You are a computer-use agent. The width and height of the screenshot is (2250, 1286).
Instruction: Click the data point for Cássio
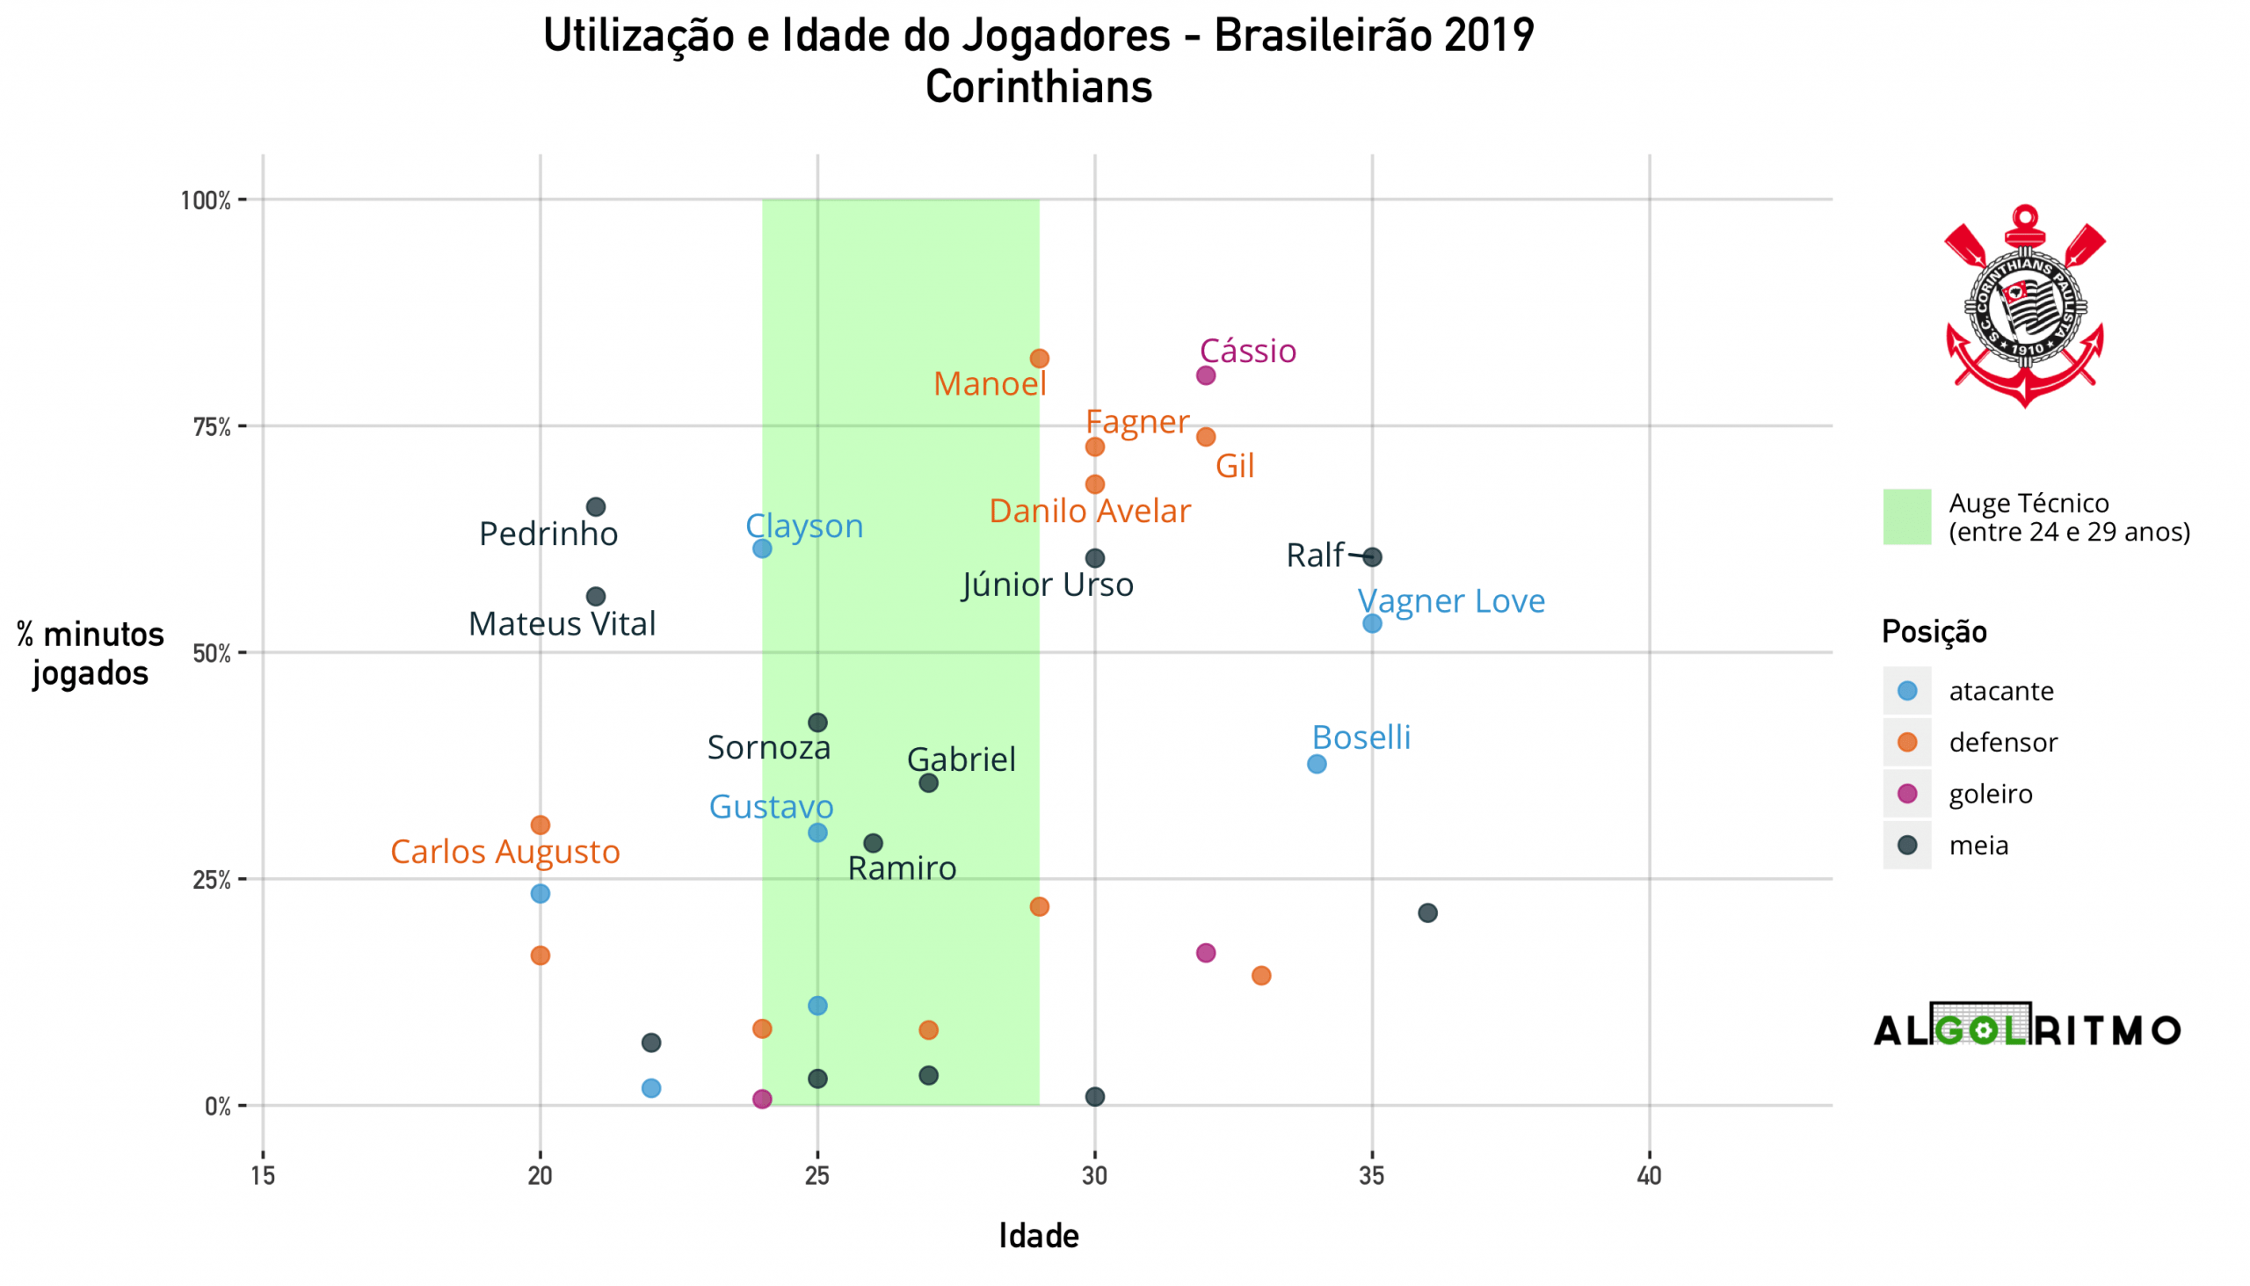pyautogui.click(x=1205, y=375)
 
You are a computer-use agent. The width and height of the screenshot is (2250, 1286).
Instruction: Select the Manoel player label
pyautogui.click(x=989, y=384)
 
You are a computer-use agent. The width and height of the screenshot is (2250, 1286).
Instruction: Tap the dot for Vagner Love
pyautogui.click(x=1371, y=623)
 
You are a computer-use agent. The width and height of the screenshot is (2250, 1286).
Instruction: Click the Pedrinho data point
pyautogui.click(x=596, y=507)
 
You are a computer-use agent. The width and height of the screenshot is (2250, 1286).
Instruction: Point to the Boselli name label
pyautogui.click(x=1361, y=737)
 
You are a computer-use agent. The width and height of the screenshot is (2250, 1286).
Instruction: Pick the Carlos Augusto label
pyautogui.click(x=505, y=852)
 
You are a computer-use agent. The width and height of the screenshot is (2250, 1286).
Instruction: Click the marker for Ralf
pyautogui.click(x=1371, y=557)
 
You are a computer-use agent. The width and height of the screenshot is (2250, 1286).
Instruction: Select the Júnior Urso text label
pyautogui.click(x=1048, y=585)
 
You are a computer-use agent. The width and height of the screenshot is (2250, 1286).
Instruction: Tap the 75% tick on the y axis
pyautogui.click(x=212, y=427)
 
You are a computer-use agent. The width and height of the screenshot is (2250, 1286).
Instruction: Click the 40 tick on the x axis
pyautogui.click(x=1649, y=1175)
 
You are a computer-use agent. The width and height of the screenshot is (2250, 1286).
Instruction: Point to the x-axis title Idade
pyautogui.click(x=1039, y=1236)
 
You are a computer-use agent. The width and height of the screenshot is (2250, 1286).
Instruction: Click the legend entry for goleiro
pyautogui.click(x=1991, y=794)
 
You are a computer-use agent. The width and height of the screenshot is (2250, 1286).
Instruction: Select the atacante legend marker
pyautogui.click(x=1907, y=691)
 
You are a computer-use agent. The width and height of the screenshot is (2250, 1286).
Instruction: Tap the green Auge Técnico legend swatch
pyautogui.click(x=1907, y=517)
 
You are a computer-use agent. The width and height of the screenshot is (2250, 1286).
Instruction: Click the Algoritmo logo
pyautogui.click(x=2027, y=1028)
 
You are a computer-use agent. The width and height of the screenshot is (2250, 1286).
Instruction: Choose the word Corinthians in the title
pyautogui.click(x=1039, y=87)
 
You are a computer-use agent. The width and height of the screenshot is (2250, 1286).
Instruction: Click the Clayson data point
pyautogui.click(x=762, y=549)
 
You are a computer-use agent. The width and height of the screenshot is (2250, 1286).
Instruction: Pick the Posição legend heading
pyautogui.click(x=1934, y=631)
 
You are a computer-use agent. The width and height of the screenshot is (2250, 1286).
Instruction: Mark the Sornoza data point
pyautogui.click(x=817, y=723)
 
